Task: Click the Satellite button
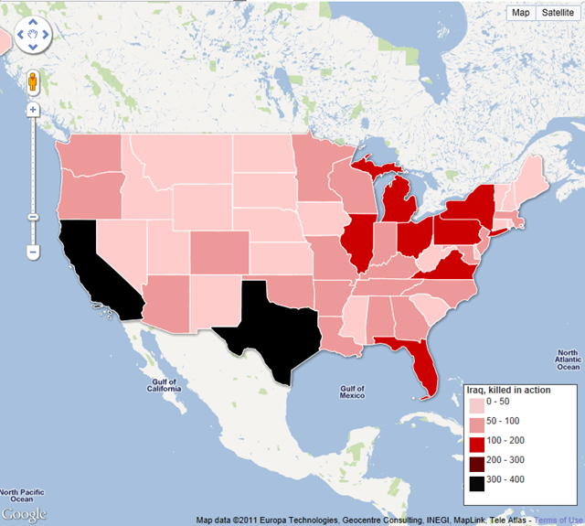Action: tap(557, 12)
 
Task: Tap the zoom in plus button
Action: tap(33, 110)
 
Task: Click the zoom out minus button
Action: tap(33, 251)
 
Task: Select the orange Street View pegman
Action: tap(33, 82)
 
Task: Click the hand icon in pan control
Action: tap(33, 37)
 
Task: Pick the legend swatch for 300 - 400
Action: tap(476, 478)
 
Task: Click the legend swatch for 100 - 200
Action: tap(476, 440)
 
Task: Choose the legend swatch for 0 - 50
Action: tap(476, 402)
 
